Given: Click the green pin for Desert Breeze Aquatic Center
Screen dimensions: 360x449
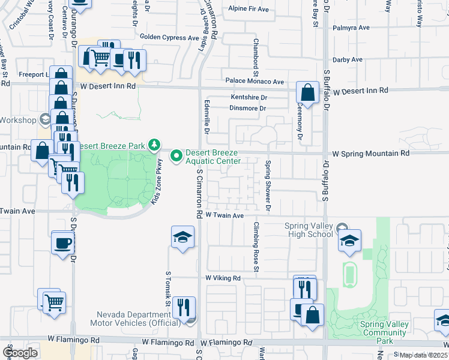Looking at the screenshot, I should click(176, 156).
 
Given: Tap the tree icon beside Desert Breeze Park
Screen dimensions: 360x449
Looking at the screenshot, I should click(155, 145).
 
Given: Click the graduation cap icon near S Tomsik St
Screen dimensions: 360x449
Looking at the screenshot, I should click(182, 237).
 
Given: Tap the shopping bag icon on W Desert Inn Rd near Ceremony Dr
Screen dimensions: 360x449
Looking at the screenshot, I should click(307, 93).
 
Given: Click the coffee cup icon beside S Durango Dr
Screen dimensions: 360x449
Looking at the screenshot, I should click(62, 242).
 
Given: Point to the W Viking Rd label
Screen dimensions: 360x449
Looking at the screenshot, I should click(223, 278).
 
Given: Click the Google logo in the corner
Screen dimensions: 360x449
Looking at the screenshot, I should click(19, 353).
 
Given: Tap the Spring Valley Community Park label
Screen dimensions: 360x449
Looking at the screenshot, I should click(384, 332).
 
